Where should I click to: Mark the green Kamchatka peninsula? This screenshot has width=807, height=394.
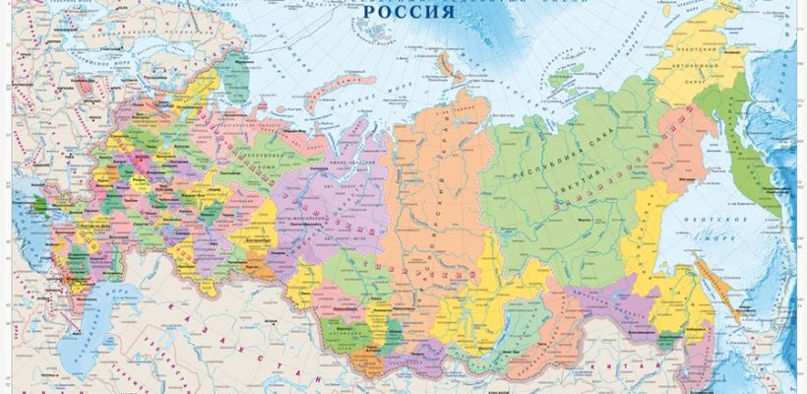[x=758, y=167]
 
